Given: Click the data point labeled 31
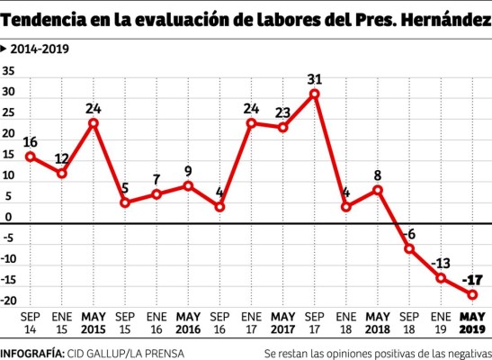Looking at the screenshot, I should (x=314, y=94).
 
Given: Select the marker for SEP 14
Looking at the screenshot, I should (x=30, y=156).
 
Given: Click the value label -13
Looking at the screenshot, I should (x=441, y=262).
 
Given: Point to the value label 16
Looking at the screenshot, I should (x=30, y=141).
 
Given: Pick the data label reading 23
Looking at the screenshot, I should (x=282, y=112).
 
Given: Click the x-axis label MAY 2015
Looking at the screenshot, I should (x=93, y=322).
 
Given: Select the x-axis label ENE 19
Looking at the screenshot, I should (x=440, y=322).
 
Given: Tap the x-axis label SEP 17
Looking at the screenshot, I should (x=314, y=322).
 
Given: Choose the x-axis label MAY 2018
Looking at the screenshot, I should (x=377, y=322).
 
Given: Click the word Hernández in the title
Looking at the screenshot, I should (x=441, y=15).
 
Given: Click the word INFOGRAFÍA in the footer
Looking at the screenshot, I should (x=30, y=351).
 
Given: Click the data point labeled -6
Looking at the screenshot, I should (x=408, y=248).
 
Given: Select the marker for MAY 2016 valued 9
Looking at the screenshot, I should (x=187, y=185).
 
